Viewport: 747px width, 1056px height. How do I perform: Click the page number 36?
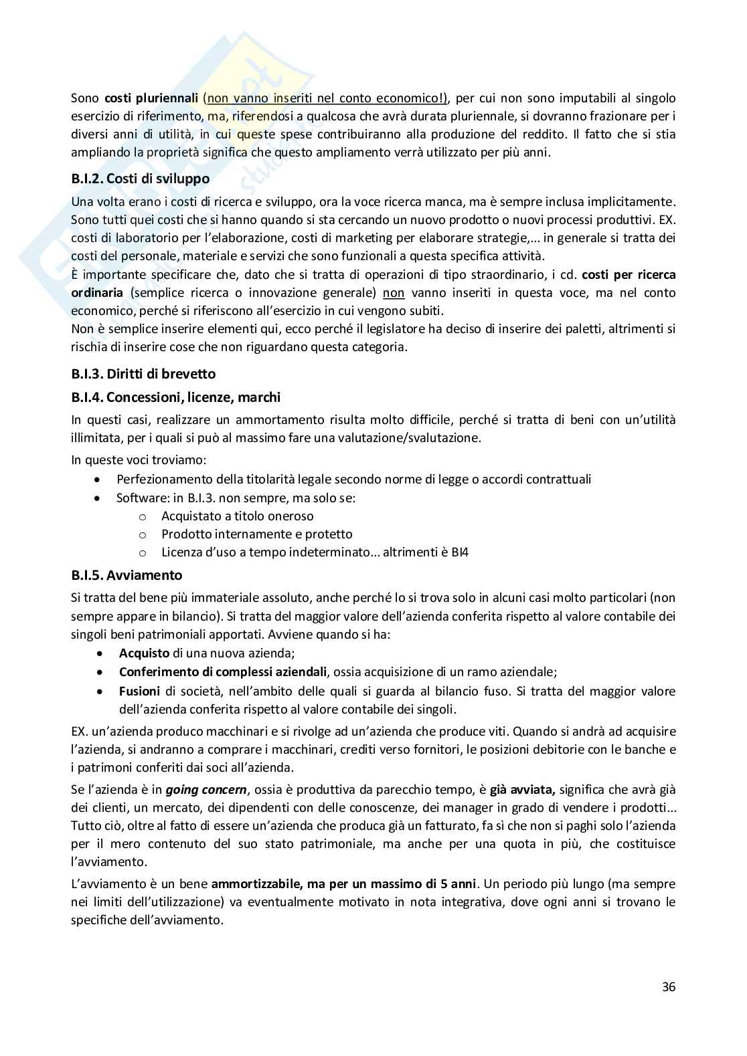click(x=668, y=986)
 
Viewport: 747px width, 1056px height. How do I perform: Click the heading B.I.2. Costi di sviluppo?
click(x=140, y=179)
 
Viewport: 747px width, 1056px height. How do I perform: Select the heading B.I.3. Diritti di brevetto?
click(x=143, y=374)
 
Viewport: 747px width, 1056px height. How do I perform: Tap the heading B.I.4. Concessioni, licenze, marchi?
click(x=175, y=397)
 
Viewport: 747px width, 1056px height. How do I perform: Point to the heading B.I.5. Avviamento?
click(x=127, y=575)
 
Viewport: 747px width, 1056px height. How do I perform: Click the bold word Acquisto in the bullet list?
click(x=144, y=653)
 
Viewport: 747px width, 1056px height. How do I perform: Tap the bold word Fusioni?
click(x=139, y=691)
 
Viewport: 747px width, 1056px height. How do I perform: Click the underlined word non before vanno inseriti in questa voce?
click(x=394, y=293)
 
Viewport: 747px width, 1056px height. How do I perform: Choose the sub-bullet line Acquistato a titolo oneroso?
click(x=237, y=516)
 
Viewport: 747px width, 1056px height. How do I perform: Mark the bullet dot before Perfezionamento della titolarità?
click(x=99, y=480)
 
